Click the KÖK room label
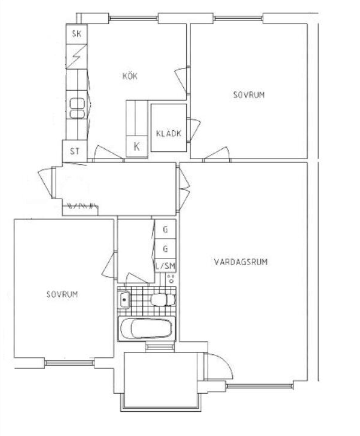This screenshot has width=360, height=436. pyautogui.click(x=130, y=76)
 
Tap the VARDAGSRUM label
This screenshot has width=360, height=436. pyautogui.click(x=241, y=262)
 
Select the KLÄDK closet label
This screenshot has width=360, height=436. pyautogui.click(x=169, y=133)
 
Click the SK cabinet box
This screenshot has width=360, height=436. pyautogui.click(x=77, y=34)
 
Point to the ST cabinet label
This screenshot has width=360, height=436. pyautogui.click(x=74, y=151)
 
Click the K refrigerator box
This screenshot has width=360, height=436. pyautogui.click(x=137, y=147)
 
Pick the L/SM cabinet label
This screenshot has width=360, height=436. pyautogui.click(x=165, y=266)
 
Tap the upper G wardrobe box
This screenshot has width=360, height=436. pyautogui.click(x=165, y=229)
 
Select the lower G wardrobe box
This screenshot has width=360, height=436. pyautogui.click(x=165, y=248)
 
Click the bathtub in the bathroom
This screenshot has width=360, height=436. pyautogui.click(x=146, y=329)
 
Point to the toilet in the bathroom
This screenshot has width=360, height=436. pyautogui.click(x=163, y=300)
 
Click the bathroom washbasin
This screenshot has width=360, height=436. pyautogui.click(x=123, y=300)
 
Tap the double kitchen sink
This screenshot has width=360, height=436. pyautogui.click(x=77, y=108)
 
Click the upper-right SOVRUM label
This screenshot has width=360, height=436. pyautogui.click(x=249, y=95)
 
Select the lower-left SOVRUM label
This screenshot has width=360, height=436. pyautogui.click(x=62, y=294)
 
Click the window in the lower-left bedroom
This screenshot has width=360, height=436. pyautogui.click(x=70, y=363)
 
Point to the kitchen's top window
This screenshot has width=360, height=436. pyautogui.click(x=133, y=19)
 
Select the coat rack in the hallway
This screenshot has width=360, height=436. pyautogui.click(x=82, y=206)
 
